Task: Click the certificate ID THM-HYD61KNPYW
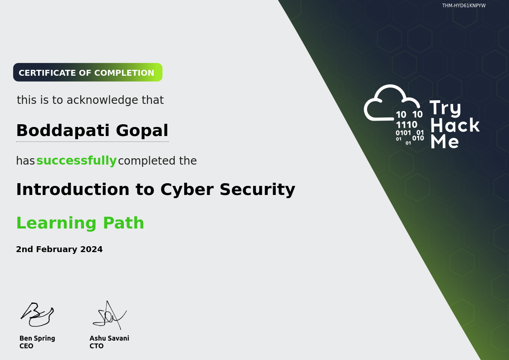tap(464, 5)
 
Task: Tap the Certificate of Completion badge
tap(88, 73)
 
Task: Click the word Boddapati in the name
tap(63, 131)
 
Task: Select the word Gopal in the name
tap(142, 131)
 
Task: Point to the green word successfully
tap(76, 161)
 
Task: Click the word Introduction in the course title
tap(73, 189)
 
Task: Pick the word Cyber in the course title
tap(187, 190)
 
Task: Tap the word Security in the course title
tap(257, 190)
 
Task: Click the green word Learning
tap(57, 223)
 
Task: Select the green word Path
tap(123, 223)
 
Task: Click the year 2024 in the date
tap(91, 249)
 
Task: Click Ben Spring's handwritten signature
tap(37, 314)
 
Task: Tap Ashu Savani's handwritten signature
tap(110, 315)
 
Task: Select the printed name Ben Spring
tap(37, 338)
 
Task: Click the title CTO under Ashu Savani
tap(97, 346)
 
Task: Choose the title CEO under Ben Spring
tap(26, 346)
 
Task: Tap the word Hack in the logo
tap(455, 125)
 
